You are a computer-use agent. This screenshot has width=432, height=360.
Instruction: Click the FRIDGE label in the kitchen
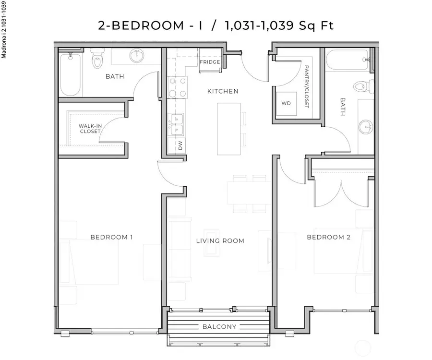click(211, 62)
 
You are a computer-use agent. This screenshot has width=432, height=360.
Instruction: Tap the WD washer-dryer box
click(286, 103)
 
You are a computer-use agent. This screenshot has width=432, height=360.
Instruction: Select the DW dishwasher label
click(180, 145)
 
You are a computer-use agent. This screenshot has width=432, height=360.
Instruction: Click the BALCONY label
click(219, 327)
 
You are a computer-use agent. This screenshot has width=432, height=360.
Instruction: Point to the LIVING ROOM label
click(220, 240)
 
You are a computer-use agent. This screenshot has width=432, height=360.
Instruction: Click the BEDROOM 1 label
click(111, 237)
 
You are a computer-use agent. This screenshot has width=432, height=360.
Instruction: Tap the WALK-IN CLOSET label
click(90, 129)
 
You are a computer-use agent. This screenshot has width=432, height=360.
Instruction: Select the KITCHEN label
click(223, 91)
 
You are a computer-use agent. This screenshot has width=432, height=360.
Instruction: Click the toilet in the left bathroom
click(97, 60)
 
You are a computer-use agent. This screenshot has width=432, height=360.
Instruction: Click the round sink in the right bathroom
click(365, 127)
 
